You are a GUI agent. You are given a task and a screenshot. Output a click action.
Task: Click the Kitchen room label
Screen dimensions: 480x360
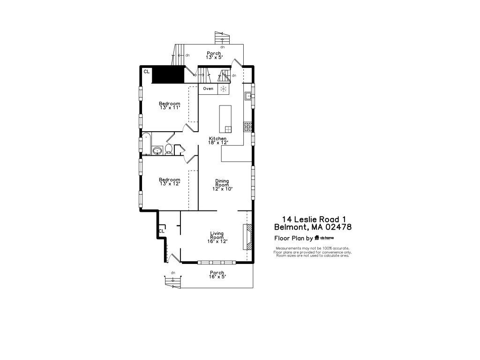217,141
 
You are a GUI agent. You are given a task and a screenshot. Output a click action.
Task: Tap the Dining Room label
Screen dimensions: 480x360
222,185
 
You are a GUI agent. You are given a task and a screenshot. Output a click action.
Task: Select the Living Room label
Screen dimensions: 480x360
217,237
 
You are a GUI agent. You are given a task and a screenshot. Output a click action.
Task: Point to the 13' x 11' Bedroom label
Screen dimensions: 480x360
170,105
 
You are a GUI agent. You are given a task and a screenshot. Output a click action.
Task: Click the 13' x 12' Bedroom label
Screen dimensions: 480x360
170,181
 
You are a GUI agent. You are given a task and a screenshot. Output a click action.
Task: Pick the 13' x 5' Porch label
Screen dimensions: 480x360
214,55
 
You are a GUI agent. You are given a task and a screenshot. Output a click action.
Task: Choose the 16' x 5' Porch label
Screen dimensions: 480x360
217,275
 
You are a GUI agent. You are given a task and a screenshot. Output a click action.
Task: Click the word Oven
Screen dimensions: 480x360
208,89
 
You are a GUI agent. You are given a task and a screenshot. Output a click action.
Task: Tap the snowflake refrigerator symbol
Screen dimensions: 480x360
224,89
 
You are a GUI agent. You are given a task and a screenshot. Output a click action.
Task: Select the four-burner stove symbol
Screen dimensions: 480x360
247,127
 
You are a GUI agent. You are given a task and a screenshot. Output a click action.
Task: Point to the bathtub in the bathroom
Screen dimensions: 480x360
147,144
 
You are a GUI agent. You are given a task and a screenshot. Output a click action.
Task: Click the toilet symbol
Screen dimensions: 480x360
168,150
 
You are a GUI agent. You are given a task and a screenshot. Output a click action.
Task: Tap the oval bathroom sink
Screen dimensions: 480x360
157,150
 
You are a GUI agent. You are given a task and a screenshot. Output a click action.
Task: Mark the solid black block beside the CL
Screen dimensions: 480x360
168,75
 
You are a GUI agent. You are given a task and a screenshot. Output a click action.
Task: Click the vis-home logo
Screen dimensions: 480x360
324,238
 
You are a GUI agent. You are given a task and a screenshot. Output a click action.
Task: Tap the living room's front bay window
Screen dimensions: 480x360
217,262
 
